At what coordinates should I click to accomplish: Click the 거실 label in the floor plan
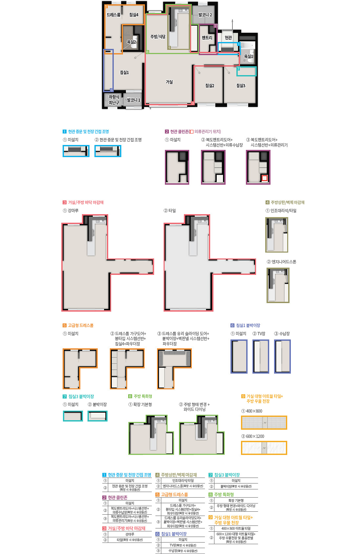point(169,82)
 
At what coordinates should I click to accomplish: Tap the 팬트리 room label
point(207,38)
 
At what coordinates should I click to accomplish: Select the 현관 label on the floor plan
point(229,38)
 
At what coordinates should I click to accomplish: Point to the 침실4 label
point(134,15)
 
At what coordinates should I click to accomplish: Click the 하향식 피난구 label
point(114,100)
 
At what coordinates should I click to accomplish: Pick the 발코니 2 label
point(205,15)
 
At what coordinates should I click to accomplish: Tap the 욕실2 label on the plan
point(131,42)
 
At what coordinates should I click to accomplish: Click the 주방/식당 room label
point(158,37)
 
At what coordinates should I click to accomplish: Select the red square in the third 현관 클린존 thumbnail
point(265,178)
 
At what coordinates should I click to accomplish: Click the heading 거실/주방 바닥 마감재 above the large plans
point(86,202)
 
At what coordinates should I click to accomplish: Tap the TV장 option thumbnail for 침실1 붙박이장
point(261,356)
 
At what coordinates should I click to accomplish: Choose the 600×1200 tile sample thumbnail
point(264,448)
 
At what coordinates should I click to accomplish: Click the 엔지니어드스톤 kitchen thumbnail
point(278,285)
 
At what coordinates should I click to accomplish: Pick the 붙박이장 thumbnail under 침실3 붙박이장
point(97,416)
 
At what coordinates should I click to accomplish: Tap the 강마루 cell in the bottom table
point(130,534)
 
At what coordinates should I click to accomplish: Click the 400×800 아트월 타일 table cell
point(236,528)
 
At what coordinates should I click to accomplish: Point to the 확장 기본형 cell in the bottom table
point(236,501)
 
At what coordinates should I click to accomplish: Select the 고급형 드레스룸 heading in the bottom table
point(174,495)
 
